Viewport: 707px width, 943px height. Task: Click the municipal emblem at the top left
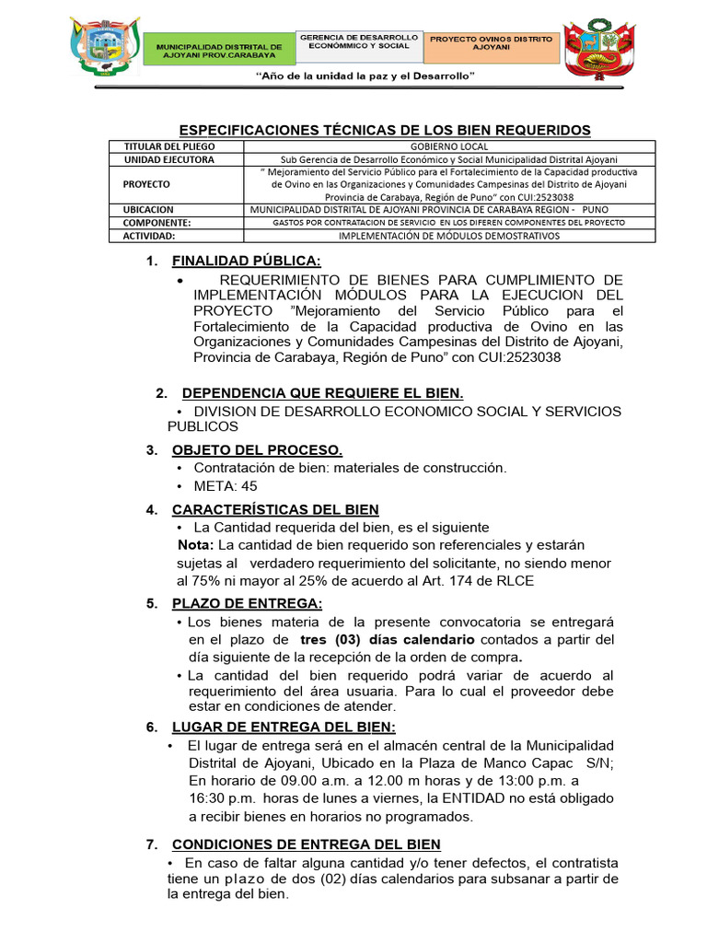tap(105, 48)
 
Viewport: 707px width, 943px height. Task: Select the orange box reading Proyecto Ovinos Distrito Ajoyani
tap(493, 45)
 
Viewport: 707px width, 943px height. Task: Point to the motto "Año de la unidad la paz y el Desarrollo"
tap(365, 76)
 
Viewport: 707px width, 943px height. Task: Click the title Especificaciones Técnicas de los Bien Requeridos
tap(384, 131)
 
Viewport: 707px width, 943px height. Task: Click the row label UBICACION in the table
tap(149, 210)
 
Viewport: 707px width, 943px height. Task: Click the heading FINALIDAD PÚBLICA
tap(247, 261)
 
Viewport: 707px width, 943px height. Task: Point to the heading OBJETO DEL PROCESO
tap(257, 450)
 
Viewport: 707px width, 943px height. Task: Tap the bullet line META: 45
tap(226, 486)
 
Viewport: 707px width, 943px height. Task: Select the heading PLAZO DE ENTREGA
tap(247, 603)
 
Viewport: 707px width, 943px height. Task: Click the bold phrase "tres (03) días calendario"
tap(388, 639)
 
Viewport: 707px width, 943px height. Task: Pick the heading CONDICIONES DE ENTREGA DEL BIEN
tap(306, 844)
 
